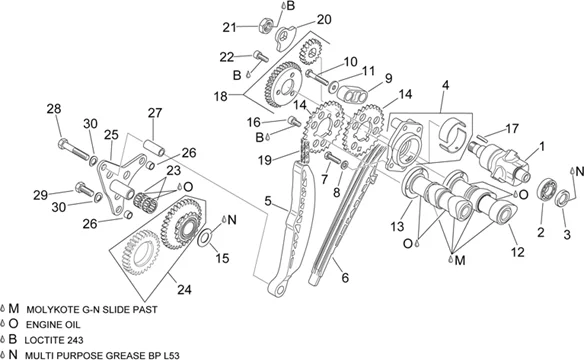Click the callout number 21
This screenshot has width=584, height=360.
229,27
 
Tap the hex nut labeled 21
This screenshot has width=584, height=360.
264,26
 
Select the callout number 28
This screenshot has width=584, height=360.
54,109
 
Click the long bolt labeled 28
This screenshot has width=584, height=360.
73,148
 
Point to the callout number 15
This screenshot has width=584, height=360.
222,258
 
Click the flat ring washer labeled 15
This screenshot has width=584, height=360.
204,238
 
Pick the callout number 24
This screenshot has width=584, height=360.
184,290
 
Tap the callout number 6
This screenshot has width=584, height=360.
345,278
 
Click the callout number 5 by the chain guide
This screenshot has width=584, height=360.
268,201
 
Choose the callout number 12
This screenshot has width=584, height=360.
517,252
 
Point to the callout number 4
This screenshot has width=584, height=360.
445,85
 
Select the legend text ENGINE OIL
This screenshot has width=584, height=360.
53,325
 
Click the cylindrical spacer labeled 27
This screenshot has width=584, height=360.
154,148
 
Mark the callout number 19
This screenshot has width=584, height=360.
265,160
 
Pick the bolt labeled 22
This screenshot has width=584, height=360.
261,56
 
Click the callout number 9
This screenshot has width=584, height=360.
388,79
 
